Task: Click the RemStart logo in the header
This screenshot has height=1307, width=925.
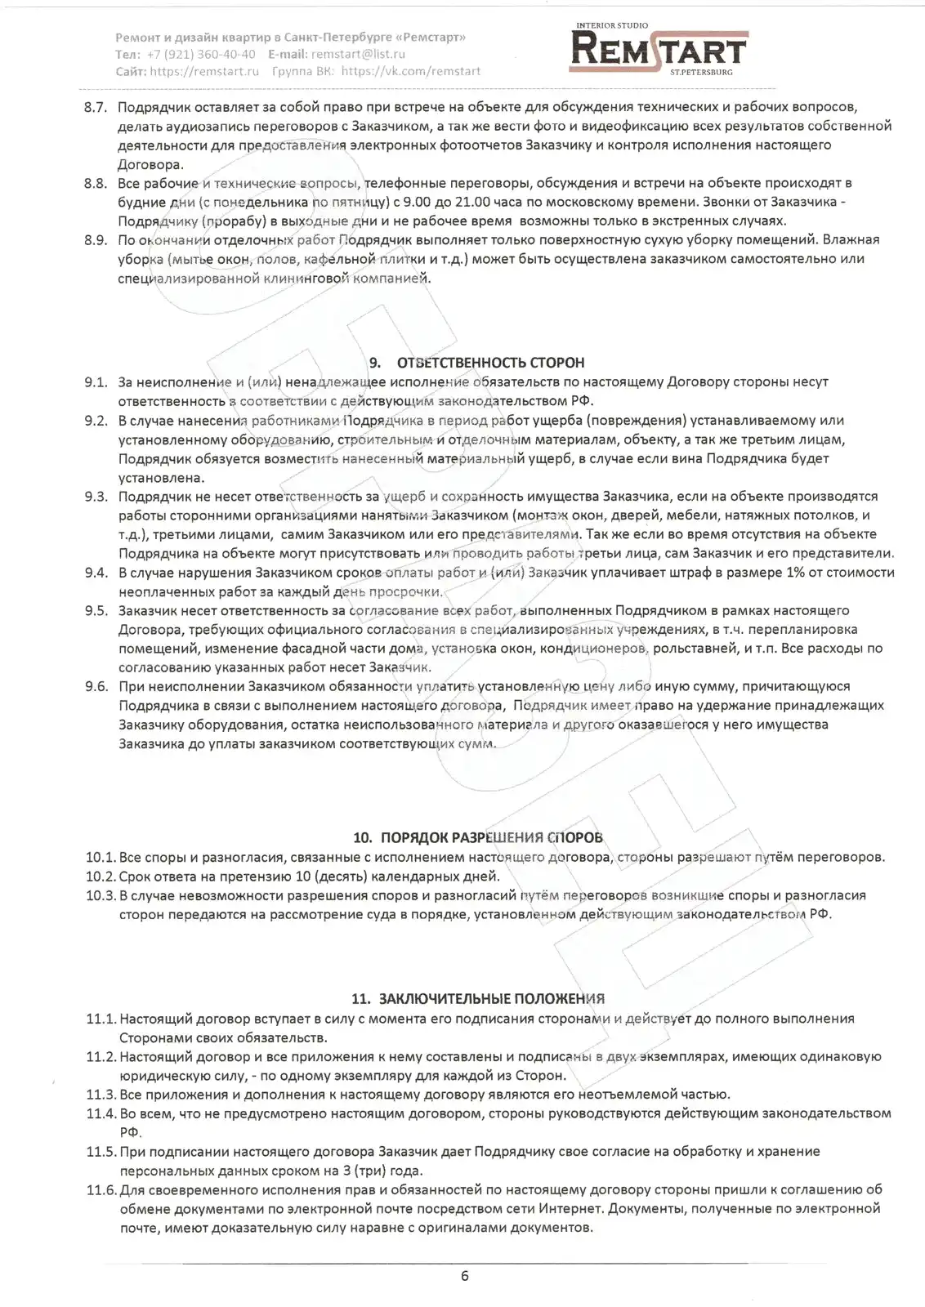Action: [659, 49]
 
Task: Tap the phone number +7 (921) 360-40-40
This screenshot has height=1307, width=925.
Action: [201, 54]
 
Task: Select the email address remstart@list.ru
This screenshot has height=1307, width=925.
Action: [358, 54]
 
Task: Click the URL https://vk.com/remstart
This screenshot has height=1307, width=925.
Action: [411, 71]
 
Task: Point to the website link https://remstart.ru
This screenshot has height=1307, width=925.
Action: [205, 71]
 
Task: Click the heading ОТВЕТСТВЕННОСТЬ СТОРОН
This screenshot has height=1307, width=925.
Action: [490, 363]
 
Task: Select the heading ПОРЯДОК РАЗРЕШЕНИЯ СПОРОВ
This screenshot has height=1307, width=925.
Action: [491, 837]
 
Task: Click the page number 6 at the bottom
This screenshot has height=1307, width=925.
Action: [465, 1276]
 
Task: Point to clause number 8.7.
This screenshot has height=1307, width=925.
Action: [96, 107]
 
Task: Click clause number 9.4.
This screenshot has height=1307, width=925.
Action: [96, 573]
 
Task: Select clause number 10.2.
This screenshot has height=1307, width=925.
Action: [101, 877]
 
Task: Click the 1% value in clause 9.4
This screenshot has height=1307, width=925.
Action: [795, 573]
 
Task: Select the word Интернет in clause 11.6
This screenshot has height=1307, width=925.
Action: [571, 1209]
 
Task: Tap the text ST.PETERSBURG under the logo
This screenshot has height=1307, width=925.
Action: [701, 72]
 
